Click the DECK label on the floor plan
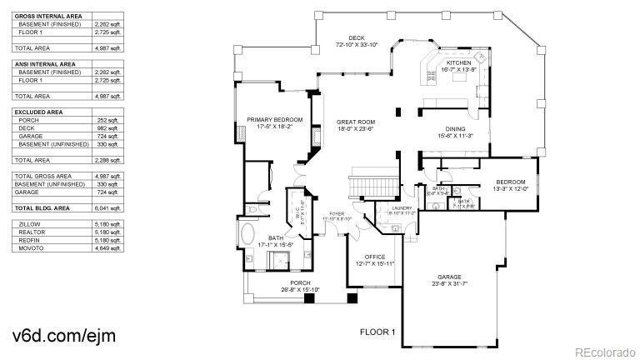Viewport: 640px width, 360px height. pos(357,38)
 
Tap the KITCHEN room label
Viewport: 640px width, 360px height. pos(459,64)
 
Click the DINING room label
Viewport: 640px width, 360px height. pos(455,129)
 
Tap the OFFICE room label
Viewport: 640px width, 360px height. pos(374,257)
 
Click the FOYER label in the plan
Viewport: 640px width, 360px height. pos(337,213)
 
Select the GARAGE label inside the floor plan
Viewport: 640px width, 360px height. pos(450,277)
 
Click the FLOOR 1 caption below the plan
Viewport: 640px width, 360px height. pos(377,332)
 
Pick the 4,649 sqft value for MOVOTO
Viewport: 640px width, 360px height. pos(107,248)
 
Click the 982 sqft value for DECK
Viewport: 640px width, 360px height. pos(107,127)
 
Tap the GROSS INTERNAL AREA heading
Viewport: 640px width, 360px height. pos(48,16)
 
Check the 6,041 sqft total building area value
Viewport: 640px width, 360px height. pos(107,207)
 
